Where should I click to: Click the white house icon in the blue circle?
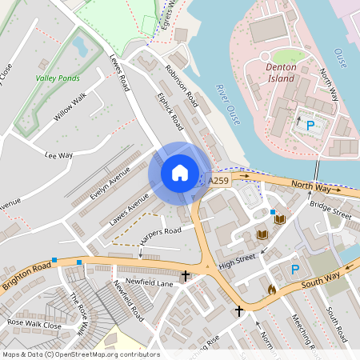(179, 173)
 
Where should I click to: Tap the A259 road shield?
(218, 182)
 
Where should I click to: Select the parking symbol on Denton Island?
(310, 125)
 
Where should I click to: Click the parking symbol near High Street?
(294, 270)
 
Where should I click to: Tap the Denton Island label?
(281, 73)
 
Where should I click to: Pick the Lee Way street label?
(58, 155)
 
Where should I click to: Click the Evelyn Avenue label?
(110, 184)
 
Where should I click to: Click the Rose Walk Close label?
(34, 326)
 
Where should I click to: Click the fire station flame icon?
(271, 290)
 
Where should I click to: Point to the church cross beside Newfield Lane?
(186, 276)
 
